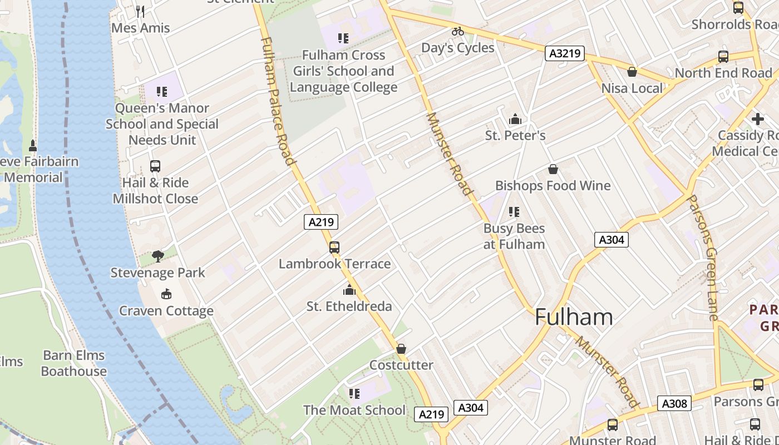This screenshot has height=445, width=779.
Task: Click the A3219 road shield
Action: (x=564, y=53)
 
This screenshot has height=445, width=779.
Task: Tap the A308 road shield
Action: (x=674, y=403)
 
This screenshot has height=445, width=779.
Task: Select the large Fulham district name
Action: (x=574, y=317)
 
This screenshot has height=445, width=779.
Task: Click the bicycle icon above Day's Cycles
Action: (x=458, y=31)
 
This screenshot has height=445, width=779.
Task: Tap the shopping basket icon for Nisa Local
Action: (x=632, y=72)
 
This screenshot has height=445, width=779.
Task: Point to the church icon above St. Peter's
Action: (x=515, y=119)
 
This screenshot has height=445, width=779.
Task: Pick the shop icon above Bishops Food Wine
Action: (x=553, y=169)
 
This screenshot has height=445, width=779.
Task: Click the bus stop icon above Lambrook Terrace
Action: (x=334, y=248)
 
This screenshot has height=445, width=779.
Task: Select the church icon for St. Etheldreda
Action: (x=349, y=290)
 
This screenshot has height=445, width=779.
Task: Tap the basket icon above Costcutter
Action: (x=401, y=349)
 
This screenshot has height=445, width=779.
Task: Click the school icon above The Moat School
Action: (x=354, y=394)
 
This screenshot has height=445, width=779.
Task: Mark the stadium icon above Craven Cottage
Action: (x=166, y=294)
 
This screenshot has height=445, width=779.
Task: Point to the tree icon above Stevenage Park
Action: (x=158, y=256)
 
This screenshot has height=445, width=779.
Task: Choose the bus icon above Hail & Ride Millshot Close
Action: (x=155, y=166)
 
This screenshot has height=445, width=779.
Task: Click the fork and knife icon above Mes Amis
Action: (x=141, y=11)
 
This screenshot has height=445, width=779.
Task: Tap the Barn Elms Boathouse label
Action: (x=74, y=363)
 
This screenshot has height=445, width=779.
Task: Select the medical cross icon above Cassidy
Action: (x=757, y=119)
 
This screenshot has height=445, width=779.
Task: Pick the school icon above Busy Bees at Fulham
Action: (x=514, y=212)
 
